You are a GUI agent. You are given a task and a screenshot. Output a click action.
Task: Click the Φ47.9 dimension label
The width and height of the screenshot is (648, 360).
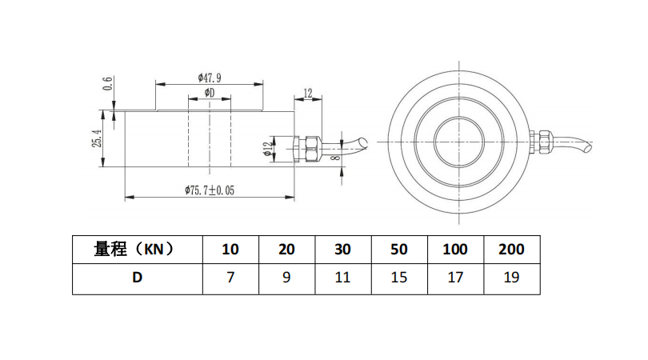click(210, 78)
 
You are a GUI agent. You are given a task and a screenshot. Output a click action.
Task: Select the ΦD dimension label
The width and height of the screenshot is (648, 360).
click(210, 93)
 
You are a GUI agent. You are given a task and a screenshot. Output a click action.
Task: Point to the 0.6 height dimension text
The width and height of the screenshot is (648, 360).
click(108, 83)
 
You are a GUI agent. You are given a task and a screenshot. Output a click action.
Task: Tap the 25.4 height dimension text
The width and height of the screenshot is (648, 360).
click(97, 138)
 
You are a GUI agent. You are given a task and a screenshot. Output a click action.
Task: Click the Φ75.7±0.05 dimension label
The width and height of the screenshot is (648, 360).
click(210, 190)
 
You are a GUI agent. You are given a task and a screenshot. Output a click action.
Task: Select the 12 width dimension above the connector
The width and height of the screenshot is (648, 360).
click(308, 94)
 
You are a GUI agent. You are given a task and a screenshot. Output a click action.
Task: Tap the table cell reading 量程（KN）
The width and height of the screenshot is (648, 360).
click(138, 250)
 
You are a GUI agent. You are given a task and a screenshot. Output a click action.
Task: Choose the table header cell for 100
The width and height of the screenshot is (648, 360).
click(455, 250)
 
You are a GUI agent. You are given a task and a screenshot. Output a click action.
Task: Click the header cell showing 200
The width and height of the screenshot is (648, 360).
click(512, 250)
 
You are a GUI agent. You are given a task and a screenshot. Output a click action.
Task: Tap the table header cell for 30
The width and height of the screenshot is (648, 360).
click(343, 250)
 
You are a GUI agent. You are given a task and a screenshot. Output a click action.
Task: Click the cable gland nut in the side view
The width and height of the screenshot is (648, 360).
click(313, 149)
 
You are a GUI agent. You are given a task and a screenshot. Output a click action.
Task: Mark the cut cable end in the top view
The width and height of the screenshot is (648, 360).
click(588, 146)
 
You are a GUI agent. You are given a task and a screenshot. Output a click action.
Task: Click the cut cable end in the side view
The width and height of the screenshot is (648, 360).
click(363, 142)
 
